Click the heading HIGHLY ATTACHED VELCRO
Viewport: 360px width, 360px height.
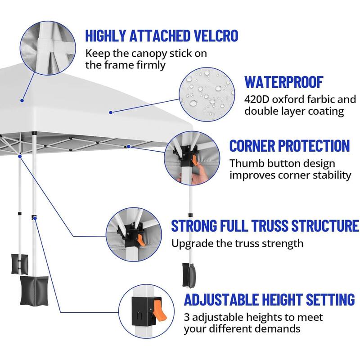click(162, 35)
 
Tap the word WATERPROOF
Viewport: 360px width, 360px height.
click(284, 82)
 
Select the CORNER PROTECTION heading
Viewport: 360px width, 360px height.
click(289, 146)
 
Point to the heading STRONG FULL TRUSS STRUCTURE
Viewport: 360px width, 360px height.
click(265, 225)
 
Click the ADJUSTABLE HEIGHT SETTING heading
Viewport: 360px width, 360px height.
click(269, 299)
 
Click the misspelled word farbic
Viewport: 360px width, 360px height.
click(315, 99)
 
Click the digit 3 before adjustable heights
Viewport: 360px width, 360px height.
click(187, 317)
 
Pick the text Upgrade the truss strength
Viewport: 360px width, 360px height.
click(237, 243)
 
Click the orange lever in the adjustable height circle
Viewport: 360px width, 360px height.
click(158, 310)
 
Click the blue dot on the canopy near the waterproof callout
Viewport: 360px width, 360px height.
click(111, 112)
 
